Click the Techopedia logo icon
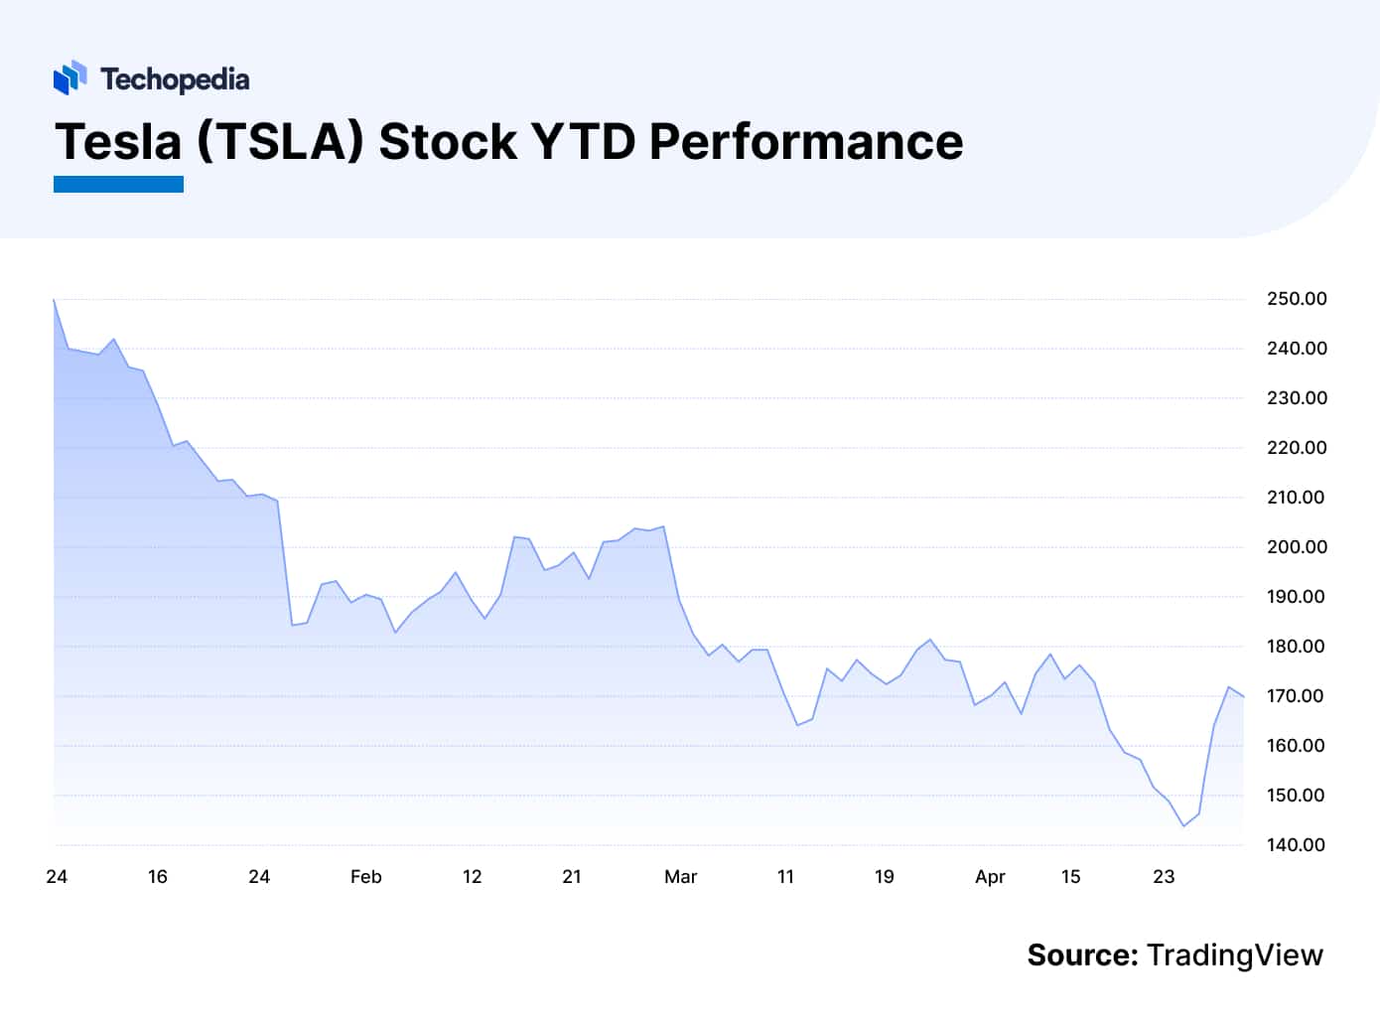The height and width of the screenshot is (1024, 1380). tap(69, 77)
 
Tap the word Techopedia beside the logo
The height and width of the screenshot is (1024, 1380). tap(175, 79)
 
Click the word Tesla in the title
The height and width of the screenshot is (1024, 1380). tap(118, 141)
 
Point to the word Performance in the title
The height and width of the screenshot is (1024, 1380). tap(805, 141)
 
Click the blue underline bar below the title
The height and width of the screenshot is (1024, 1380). tap(118, 184)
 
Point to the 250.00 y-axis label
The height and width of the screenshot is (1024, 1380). tap(1297, 299)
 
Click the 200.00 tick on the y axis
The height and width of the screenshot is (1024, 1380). tap(1297, 547)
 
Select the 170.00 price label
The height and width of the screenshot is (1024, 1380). tap(1297, 696)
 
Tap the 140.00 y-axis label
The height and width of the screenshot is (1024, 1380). tap(1297, 845)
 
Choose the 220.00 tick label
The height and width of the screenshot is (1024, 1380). tap(1297, 448)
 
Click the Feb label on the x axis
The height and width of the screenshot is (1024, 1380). tap(365, 877)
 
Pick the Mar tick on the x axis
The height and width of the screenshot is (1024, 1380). tap(680, 877)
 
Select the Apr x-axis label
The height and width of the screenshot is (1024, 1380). tap(990, 877)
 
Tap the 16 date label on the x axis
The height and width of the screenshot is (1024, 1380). tap(157, 877)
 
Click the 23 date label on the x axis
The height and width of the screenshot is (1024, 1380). tap(1164, 877)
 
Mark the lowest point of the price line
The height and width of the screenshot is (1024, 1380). tap(1183, 825)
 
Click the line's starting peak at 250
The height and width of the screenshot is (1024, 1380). tap(54, 300)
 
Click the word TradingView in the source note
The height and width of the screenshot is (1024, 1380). tap(1234, 955)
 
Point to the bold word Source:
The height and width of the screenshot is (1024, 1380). tap(1082, 955)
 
